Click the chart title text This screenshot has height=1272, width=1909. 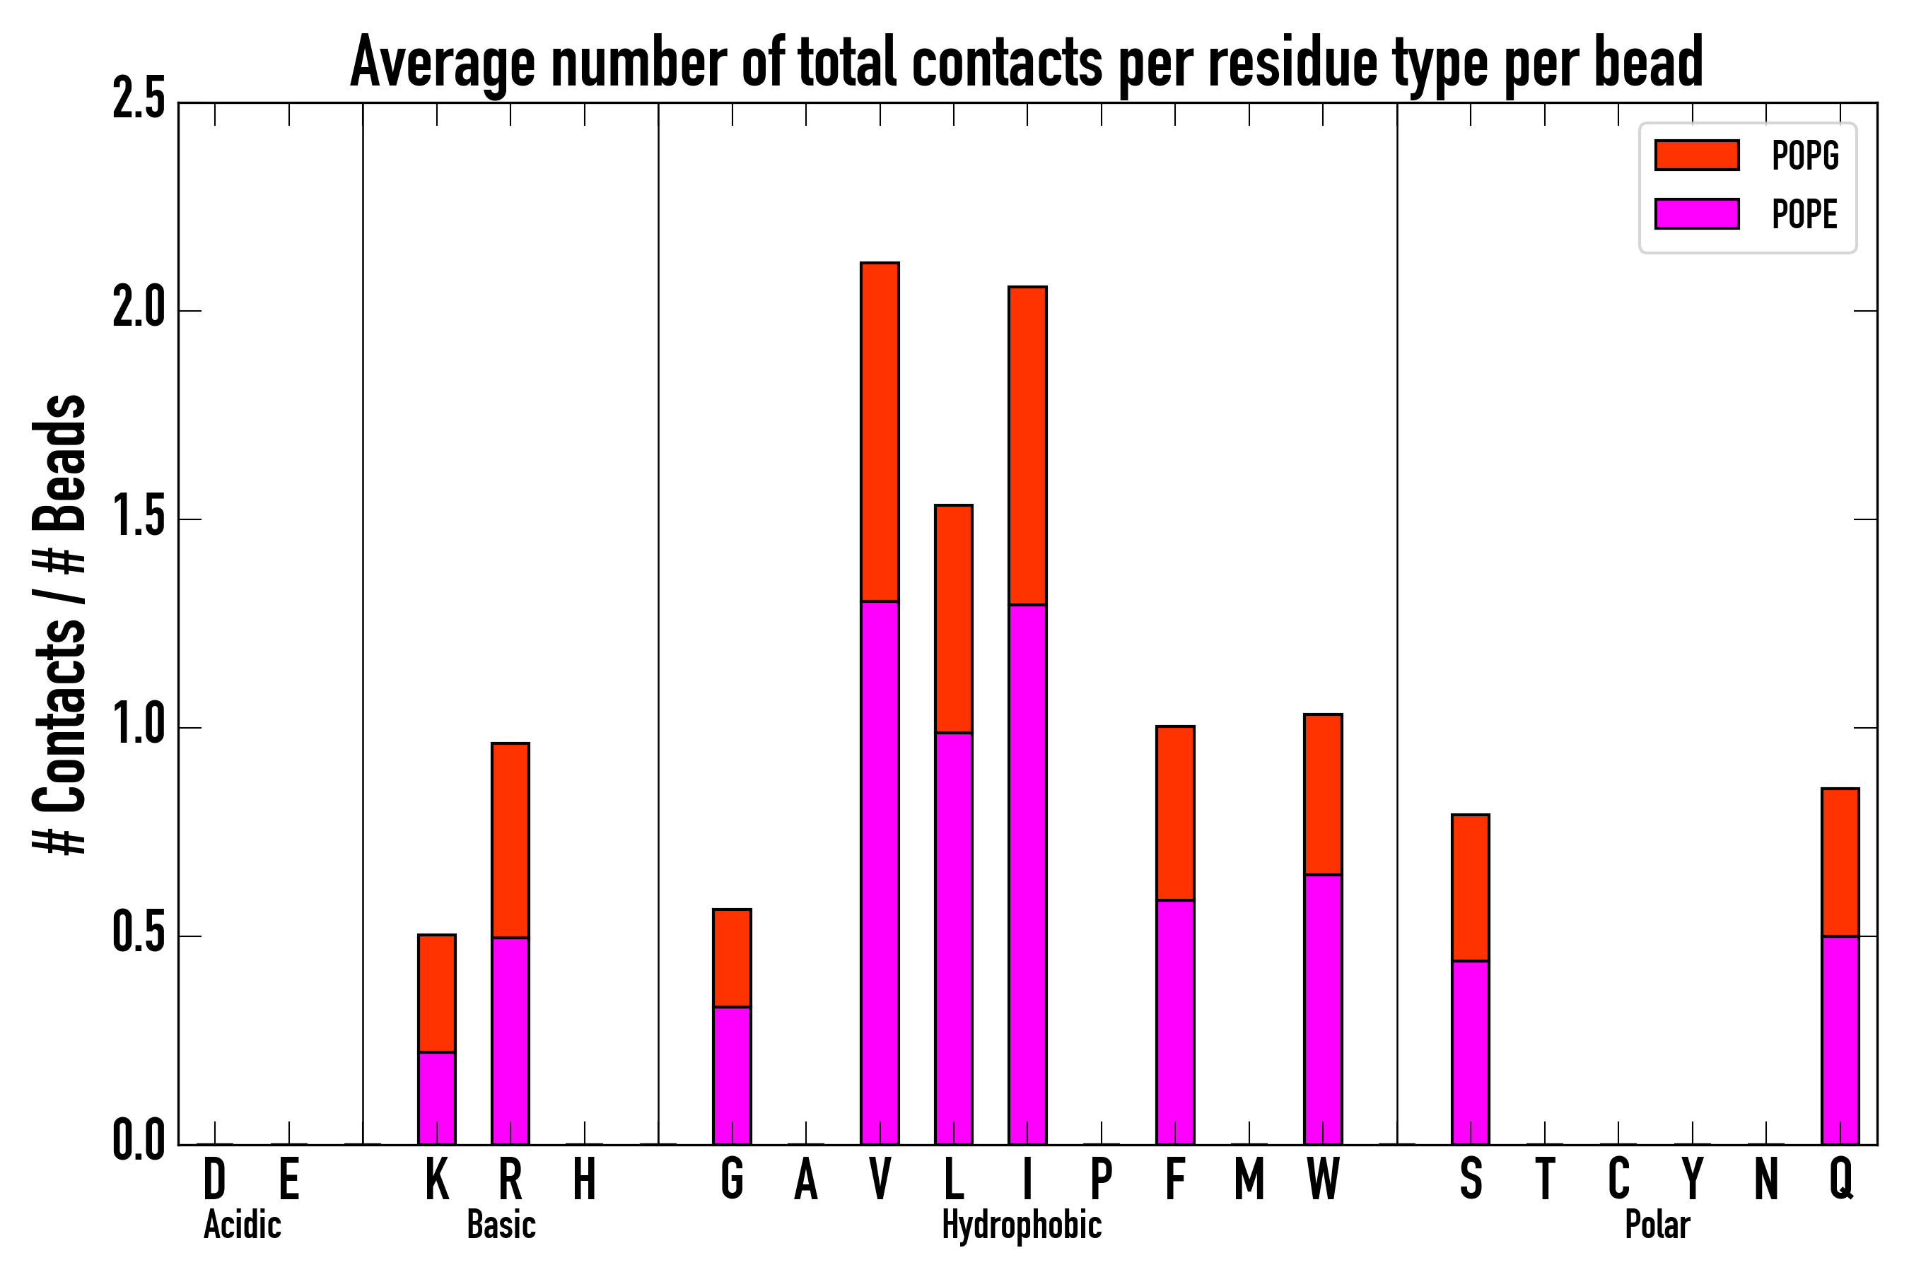click(x=1026, y=64)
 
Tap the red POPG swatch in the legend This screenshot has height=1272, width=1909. click(x=1696, y=155)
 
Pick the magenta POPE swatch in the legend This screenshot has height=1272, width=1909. click(x=1696, y=214)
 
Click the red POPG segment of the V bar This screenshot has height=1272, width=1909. click(x=880, y=432)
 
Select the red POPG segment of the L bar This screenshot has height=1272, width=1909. click(x=954, y=618)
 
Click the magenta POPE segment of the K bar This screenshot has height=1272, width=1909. click(x=437, y=1097)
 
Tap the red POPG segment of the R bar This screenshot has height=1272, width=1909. click(x=510, y=840)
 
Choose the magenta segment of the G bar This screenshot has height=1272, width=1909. click(x=732, y=1075)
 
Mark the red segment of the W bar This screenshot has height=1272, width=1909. click(x=1323, y=794)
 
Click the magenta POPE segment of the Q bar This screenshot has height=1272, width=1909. click(x=1840, y=1040)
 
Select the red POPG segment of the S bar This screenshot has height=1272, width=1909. click(x=1471, y=888)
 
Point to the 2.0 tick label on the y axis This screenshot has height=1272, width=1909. click(x=139, y=310)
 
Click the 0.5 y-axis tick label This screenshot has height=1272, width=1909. click(x=139, y=936)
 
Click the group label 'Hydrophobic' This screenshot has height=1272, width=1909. click(x=1021, y=1225)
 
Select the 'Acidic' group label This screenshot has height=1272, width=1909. click(x=242, y=1225)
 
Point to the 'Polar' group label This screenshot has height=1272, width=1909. click(x=1657, y=1225)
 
